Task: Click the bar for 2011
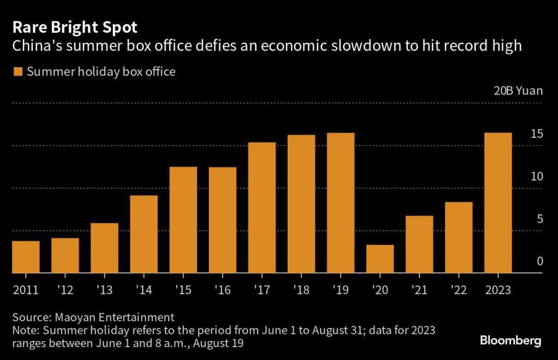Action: [26, 257]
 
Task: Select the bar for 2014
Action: [144, 234]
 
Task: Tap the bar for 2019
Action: [341, 203]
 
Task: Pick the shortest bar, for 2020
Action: [380, 259]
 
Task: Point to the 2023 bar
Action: [498, 203]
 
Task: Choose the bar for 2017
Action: [262, 208]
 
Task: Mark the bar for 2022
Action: [459, 237]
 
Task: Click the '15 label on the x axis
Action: [183, 289]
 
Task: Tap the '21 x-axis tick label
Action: [419, 289]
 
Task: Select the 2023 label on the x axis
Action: [498, 289]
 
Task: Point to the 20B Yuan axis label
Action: [518, 90]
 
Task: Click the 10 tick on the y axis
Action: [536, 176]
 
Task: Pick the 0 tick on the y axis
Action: [539, 261]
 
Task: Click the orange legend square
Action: [17, 71]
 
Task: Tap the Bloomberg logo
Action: [510, 341]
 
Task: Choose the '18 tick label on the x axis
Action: [301, 289]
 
